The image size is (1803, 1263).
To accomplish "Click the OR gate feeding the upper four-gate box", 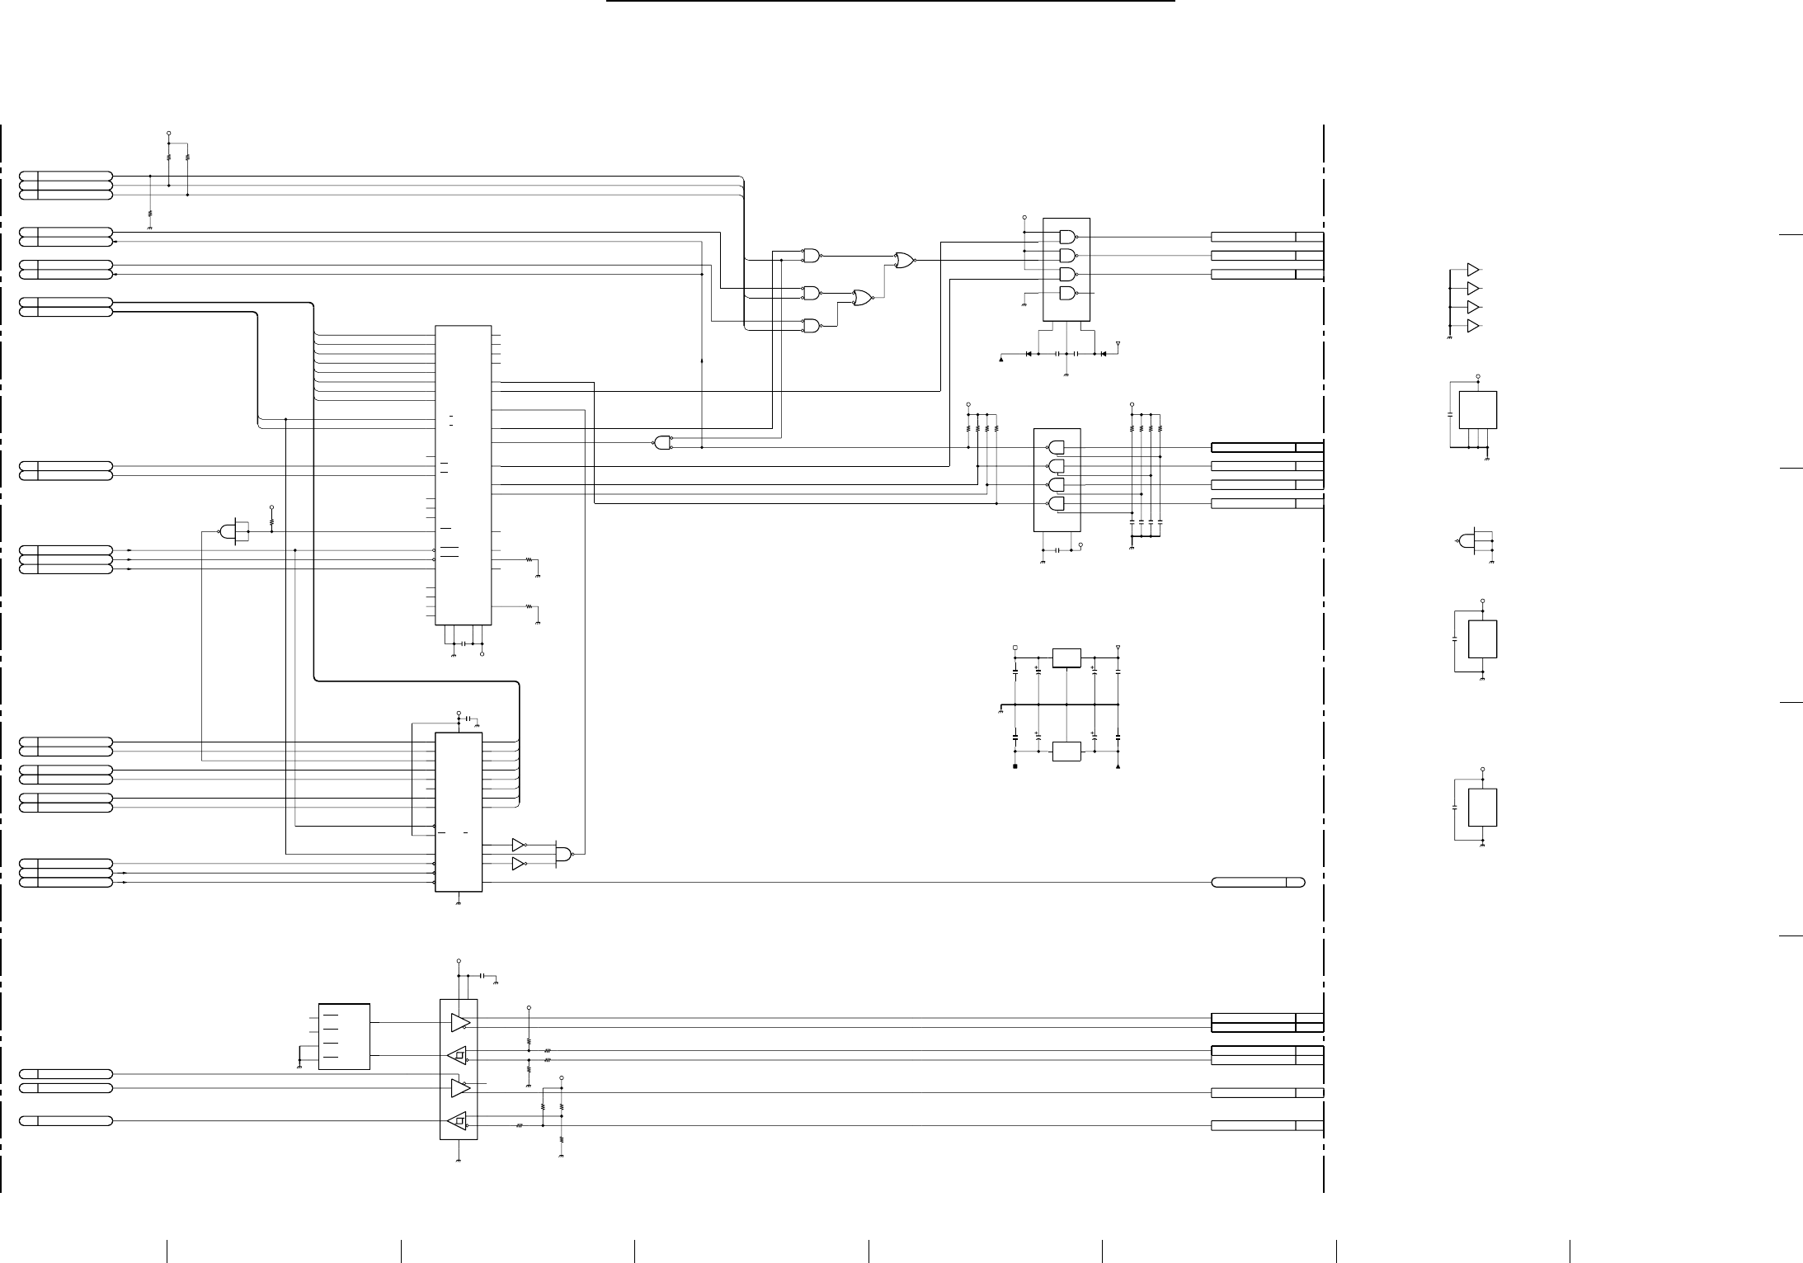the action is point(904,260).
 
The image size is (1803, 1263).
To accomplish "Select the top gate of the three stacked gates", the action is point(812,256).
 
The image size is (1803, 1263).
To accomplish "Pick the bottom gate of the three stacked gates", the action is point(812,326).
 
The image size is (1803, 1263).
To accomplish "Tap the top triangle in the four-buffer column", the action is point(1473,270).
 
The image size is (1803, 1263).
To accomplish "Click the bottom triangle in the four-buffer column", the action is point(1473,327).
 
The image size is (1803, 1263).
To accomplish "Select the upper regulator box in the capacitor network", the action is point(1066,658).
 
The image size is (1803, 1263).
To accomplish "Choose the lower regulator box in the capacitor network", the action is point(1066,752).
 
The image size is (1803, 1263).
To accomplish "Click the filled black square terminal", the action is point(1015,766).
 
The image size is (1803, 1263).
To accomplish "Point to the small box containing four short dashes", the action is point(344,1037).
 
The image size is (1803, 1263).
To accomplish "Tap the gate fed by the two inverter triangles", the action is point(564,854).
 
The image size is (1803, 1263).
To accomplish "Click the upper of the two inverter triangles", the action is point(518,845).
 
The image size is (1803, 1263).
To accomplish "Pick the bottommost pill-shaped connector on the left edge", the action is point(66,1120).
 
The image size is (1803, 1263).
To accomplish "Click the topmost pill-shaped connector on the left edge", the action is point(66,176).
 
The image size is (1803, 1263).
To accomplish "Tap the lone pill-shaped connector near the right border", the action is point(1258,883).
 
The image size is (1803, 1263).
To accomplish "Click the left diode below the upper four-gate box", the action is point(1029,354).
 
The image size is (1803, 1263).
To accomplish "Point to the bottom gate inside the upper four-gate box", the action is point(1067,294).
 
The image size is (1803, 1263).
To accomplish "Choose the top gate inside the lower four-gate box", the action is point(1056,448).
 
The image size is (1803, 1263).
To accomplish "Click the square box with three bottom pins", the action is point(1478,410).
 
